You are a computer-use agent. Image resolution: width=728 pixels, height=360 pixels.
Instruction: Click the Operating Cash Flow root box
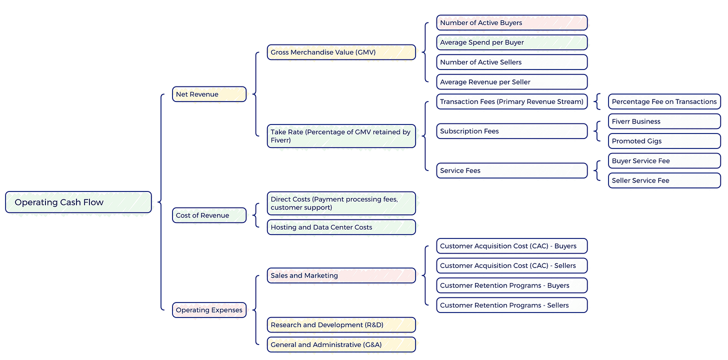[78, 202]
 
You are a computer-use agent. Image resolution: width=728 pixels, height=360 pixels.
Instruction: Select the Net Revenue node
[209, 94]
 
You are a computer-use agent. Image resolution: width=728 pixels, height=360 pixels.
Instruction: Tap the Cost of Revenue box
[209, 215]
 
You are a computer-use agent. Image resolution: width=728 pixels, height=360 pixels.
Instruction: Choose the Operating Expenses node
[209, 310]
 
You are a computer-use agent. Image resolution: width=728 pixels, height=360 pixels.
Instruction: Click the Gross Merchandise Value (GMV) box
[341, 52]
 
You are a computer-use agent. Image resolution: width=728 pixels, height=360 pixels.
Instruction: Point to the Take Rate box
[341, 136]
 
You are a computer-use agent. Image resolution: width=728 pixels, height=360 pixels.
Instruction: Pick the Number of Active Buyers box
[511, 22]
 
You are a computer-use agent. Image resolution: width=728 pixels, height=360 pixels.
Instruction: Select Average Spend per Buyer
[511, 42]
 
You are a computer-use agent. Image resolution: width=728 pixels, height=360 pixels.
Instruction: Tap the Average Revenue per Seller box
[511, 82]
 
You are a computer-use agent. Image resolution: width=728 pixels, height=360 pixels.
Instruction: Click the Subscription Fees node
[511, 131]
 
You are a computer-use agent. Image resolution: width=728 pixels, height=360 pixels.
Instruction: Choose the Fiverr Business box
[664, 121]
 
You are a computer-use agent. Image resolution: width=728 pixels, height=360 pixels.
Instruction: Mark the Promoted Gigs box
[664, 141]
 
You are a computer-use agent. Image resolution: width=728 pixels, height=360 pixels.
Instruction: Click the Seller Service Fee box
[664, 180]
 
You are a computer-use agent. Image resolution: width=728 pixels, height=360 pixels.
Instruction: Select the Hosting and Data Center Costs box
[341, 227]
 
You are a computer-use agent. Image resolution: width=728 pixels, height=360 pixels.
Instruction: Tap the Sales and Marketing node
[341, 275]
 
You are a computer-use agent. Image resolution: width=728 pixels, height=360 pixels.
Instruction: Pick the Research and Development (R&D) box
[341, 325]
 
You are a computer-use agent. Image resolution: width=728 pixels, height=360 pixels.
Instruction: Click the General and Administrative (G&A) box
[341, 344]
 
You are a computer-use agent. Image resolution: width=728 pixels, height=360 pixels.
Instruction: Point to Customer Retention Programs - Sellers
[511, 305]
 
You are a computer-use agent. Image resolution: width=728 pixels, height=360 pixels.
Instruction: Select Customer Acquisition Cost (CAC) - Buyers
[511, 246]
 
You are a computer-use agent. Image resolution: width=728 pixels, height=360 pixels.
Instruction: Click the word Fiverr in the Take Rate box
[280, 140]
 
